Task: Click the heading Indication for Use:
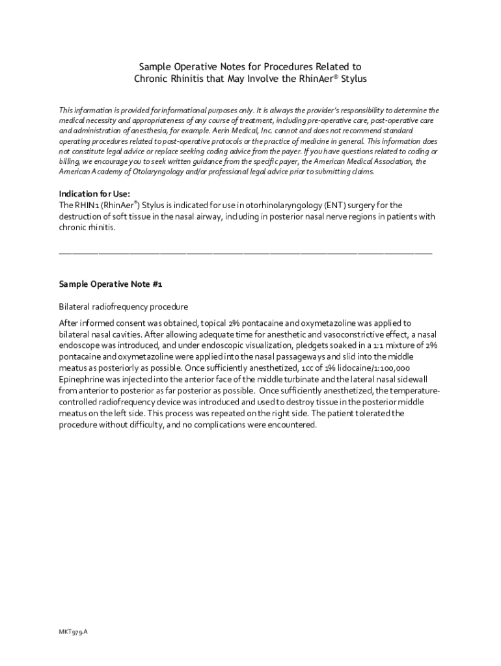[95, 194]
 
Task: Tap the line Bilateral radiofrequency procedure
[124, 306]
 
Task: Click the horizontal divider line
[245, 252]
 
